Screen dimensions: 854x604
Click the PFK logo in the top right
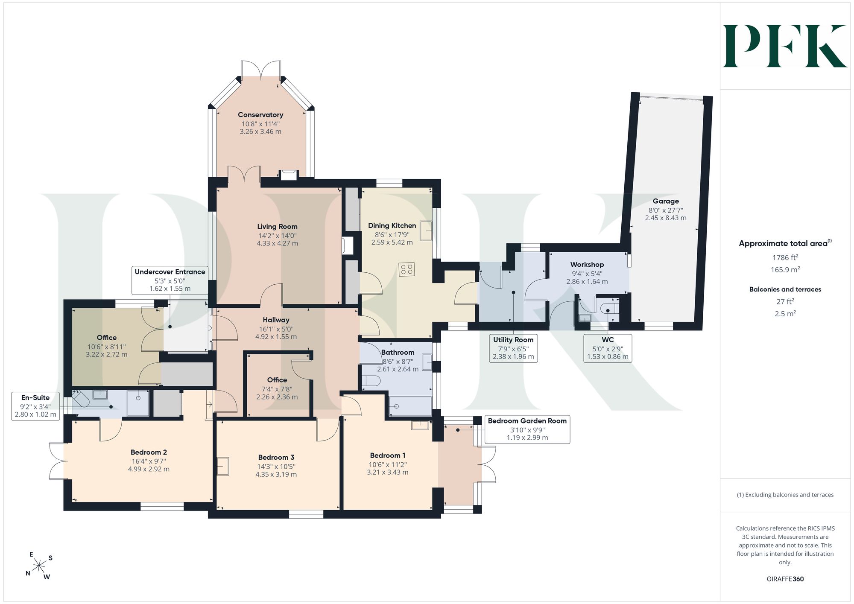click(785, 46)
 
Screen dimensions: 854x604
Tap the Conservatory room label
click(260, 115)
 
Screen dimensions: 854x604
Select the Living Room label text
click(277, 227)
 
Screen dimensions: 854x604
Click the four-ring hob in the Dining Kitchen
click(406, 269)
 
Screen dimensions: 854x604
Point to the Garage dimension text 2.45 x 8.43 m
click(666, 218)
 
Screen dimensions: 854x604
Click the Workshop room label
click(587, 265)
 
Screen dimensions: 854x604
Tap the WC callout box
click(608, 348)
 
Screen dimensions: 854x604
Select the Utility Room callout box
click(513, 348)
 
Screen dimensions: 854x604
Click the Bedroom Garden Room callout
click(527, 429)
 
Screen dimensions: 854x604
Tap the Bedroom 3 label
click(276, 458)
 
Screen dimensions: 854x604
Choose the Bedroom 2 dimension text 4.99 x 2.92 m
click(149, 469)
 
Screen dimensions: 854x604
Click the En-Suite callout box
click(35, 406)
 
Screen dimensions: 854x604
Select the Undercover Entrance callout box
click(170, 280)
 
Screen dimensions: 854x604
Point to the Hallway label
click(276, 320)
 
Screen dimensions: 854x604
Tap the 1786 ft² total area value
click(785, 257)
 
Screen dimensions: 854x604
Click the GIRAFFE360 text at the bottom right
click(785, 579)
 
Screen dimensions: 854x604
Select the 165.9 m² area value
click(785, 270)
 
